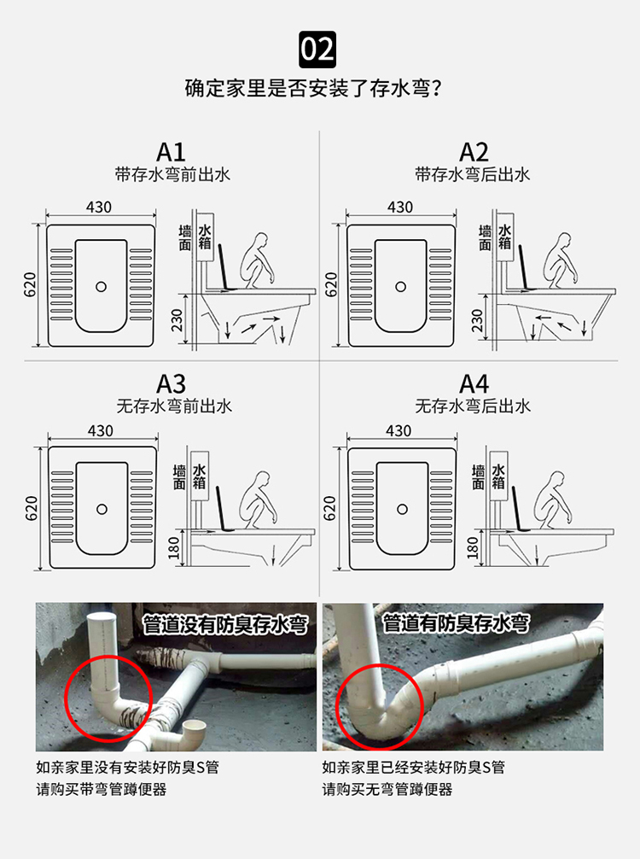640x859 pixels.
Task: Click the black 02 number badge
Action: (319, 49)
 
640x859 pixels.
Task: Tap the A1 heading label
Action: (172, 152)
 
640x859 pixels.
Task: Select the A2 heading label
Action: (474, 152)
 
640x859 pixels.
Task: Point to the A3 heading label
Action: (172, 383)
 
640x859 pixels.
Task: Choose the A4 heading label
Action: (474, 383)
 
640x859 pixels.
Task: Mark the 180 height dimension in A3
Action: (175, 549)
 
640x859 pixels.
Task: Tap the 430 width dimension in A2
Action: (399, 207)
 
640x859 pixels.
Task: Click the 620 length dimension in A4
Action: (331, 509)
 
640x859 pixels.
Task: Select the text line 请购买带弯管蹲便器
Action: (101, 789)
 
